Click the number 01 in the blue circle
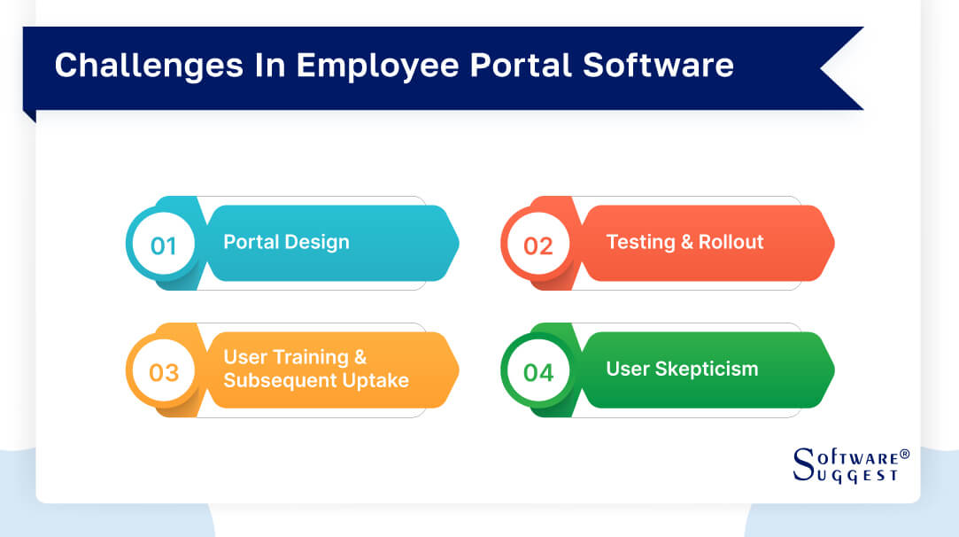click(x=164, y=245)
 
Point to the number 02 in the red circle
click(x=538, y=245)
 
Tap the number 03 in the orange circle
click(x=164, y=372)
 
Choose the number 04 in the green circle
click(x=538, y=372)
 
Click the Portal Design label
click(x=286, y=242)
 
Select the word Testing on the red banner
click(x=640, y=242)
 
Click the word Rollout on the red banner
click(x=731, y=242)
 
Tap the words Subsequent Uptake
click(x=316, y=380)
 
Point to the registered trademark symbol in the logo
click(x=904, y=455)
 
